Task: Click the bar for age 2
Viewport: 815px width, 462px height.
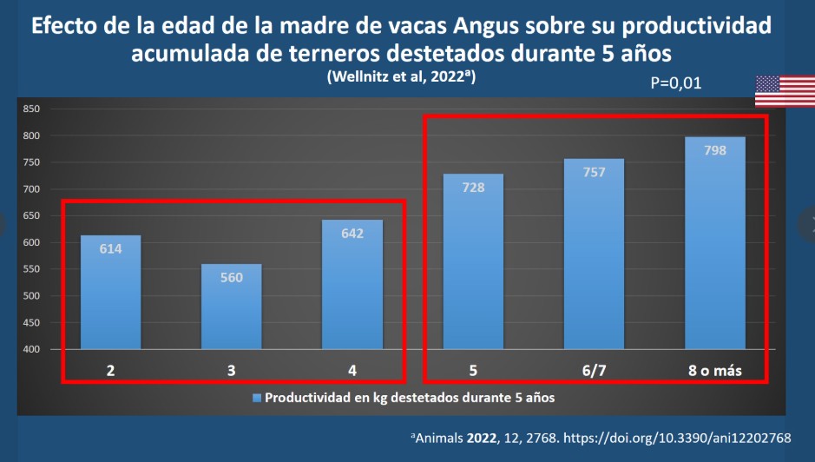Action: [110, 293]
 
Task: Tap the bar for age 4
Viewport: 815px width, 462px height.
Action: [352, 285]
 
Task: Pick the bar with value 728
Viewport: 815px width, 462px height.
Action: [473, 261]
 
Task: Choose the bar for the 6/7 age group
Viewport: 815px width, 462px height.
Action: [594, 254]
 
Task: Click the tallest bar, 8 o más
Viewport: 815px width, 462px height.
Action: [715, 243]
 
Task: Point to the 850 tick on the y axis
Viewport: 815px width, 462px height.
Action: [31, 109]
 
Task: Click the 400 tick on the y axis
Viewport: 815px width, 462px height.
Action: [31, 349]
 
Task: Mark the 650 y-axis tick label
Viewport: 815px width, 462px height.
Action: [31, 215]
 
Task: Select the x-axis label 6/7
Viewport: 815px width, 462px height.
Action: [594, 371]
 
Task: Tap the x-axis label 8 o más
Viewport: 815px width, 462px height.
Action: [715, 371]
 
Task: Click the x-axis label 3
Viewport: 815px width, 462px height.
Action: [231, 371]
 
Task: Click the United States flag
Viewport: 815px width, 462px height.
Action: [785, 91]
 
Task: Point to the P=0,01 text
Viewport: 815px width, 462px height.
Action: [675, 84]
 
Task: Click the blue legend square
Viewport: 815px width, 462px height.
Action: [256, 398]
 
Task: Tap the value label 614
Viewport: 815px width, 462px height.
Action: [110, 249]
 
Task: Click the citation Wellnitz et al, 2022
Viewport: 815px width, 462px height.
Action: [401, 76]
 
